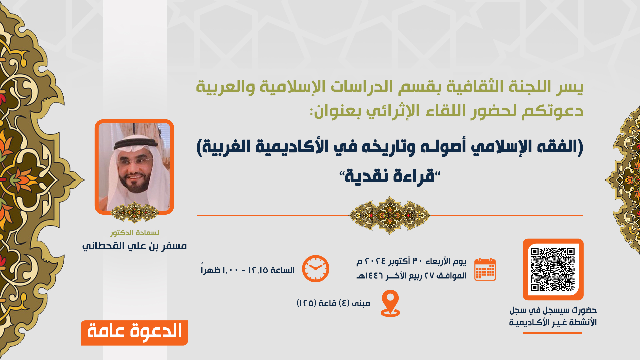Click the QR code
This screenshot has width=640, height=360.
(x=553, y=269)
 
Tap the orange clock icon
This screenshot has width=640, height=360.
(x=315, y=269)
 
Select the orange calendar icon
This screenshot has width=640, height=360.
(x=485, y=269)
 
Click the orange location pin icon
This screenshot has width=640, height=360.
(x=390, y=303)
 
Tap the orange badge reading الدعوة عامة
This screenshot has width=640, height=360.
(x=134, y=332)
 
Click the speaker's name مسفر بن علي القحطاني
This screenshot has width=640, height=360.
(x=134, y=246)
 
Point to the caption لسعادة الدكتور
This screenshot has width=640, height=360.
(x=134, y=233)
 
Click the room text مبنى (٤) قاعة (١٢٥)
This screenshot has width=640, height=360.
(x=333, y=303)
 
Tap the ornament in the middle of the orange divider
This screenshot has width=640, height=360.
(x=389, y=215)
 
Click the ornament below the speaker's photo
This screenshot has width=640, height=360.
(x=134, y=212)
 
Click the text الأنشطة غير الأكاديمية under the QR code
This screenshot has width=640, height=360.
(x=553, y=323)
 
